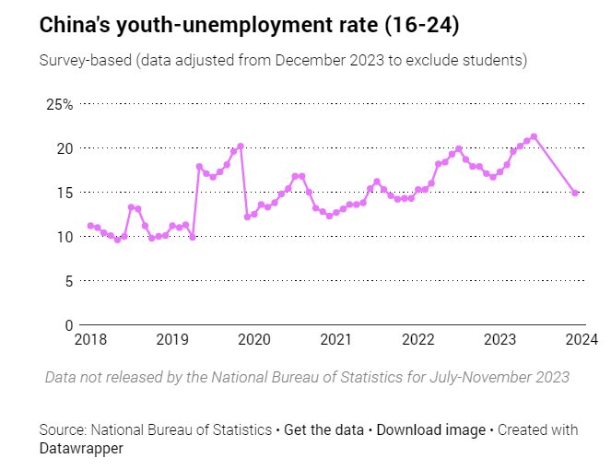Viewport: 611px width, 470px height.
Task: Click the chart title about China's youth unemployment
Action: [x=249, y=26]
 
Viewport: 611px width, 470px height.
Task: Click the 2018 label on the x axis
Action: [x=90, y=341]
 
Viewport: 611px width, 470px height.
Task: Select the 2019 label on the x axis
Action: [x=172, y=341]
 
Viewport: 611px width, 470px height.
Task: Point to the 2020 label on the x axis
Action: [x=254, y=341]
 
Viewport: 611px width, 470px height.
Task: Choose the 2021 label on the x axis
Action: [x=336, y=341]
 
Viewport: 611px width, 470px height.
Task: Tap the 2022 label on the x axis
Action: [x=418, y=341]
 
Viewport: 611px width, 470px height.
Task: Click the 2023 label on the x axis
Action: [x=500, y=341]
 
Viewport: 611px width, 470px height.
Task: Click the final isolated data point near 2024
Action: [x=575, y=194]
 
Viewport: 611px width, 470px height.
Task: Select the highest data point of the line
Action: [x=535, y=136]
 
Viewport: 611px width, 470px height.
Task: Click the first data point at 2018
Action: [x=90, y=226]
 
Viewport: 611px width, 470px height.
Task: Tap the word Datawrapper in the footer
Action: [x=81, y=448]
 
